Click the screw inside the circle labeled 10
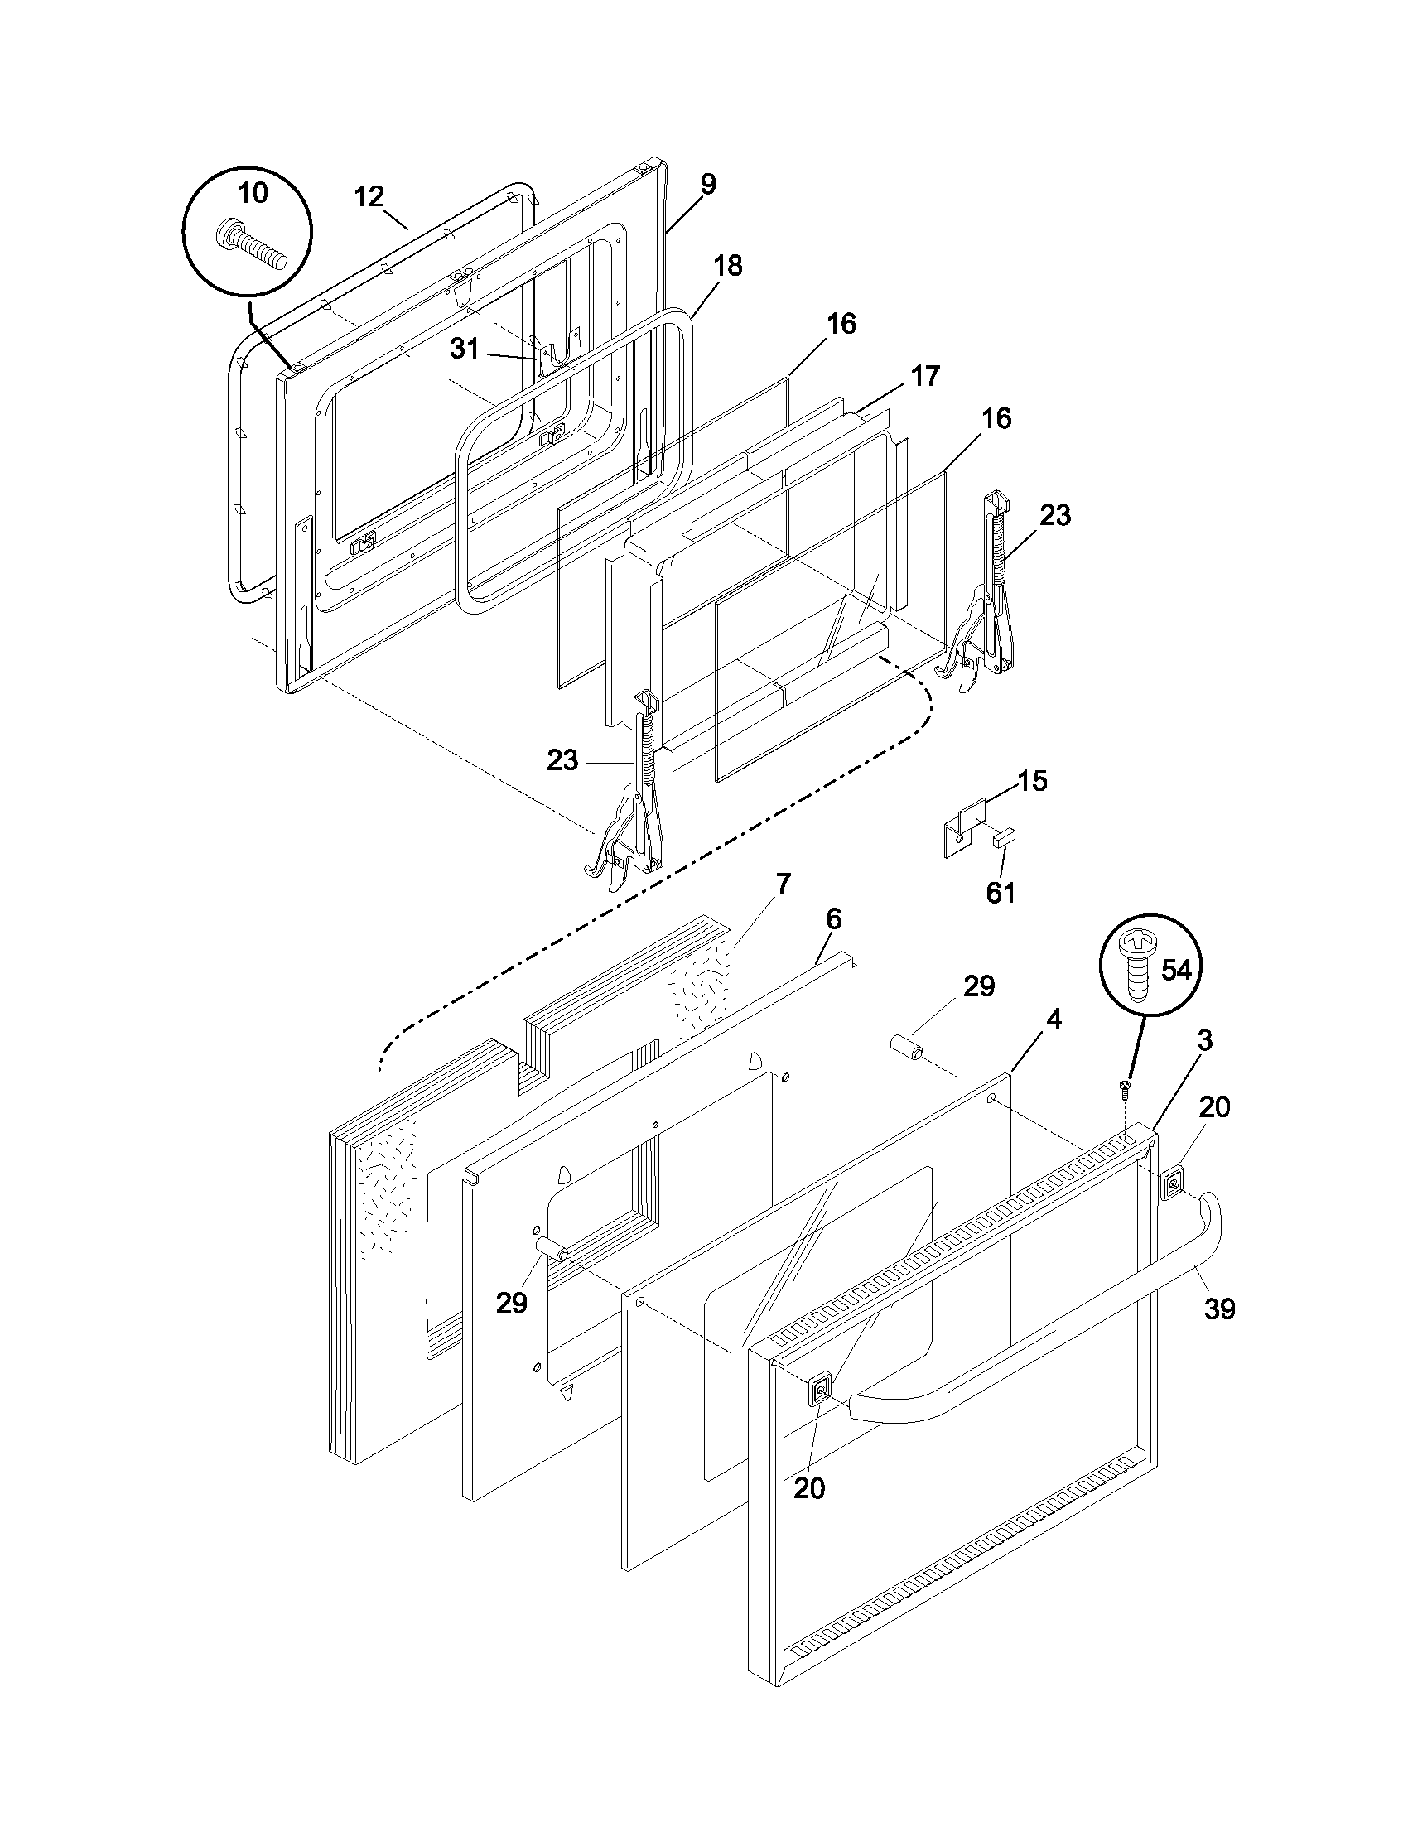tap(251, 246)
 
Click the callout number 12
tap(369, 197)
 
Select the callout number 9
tap(707, 184)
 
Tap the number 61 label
tap(1001, 893)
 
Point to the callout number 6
tap(833, 919)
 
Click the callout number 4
tap(1054, 1019)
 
